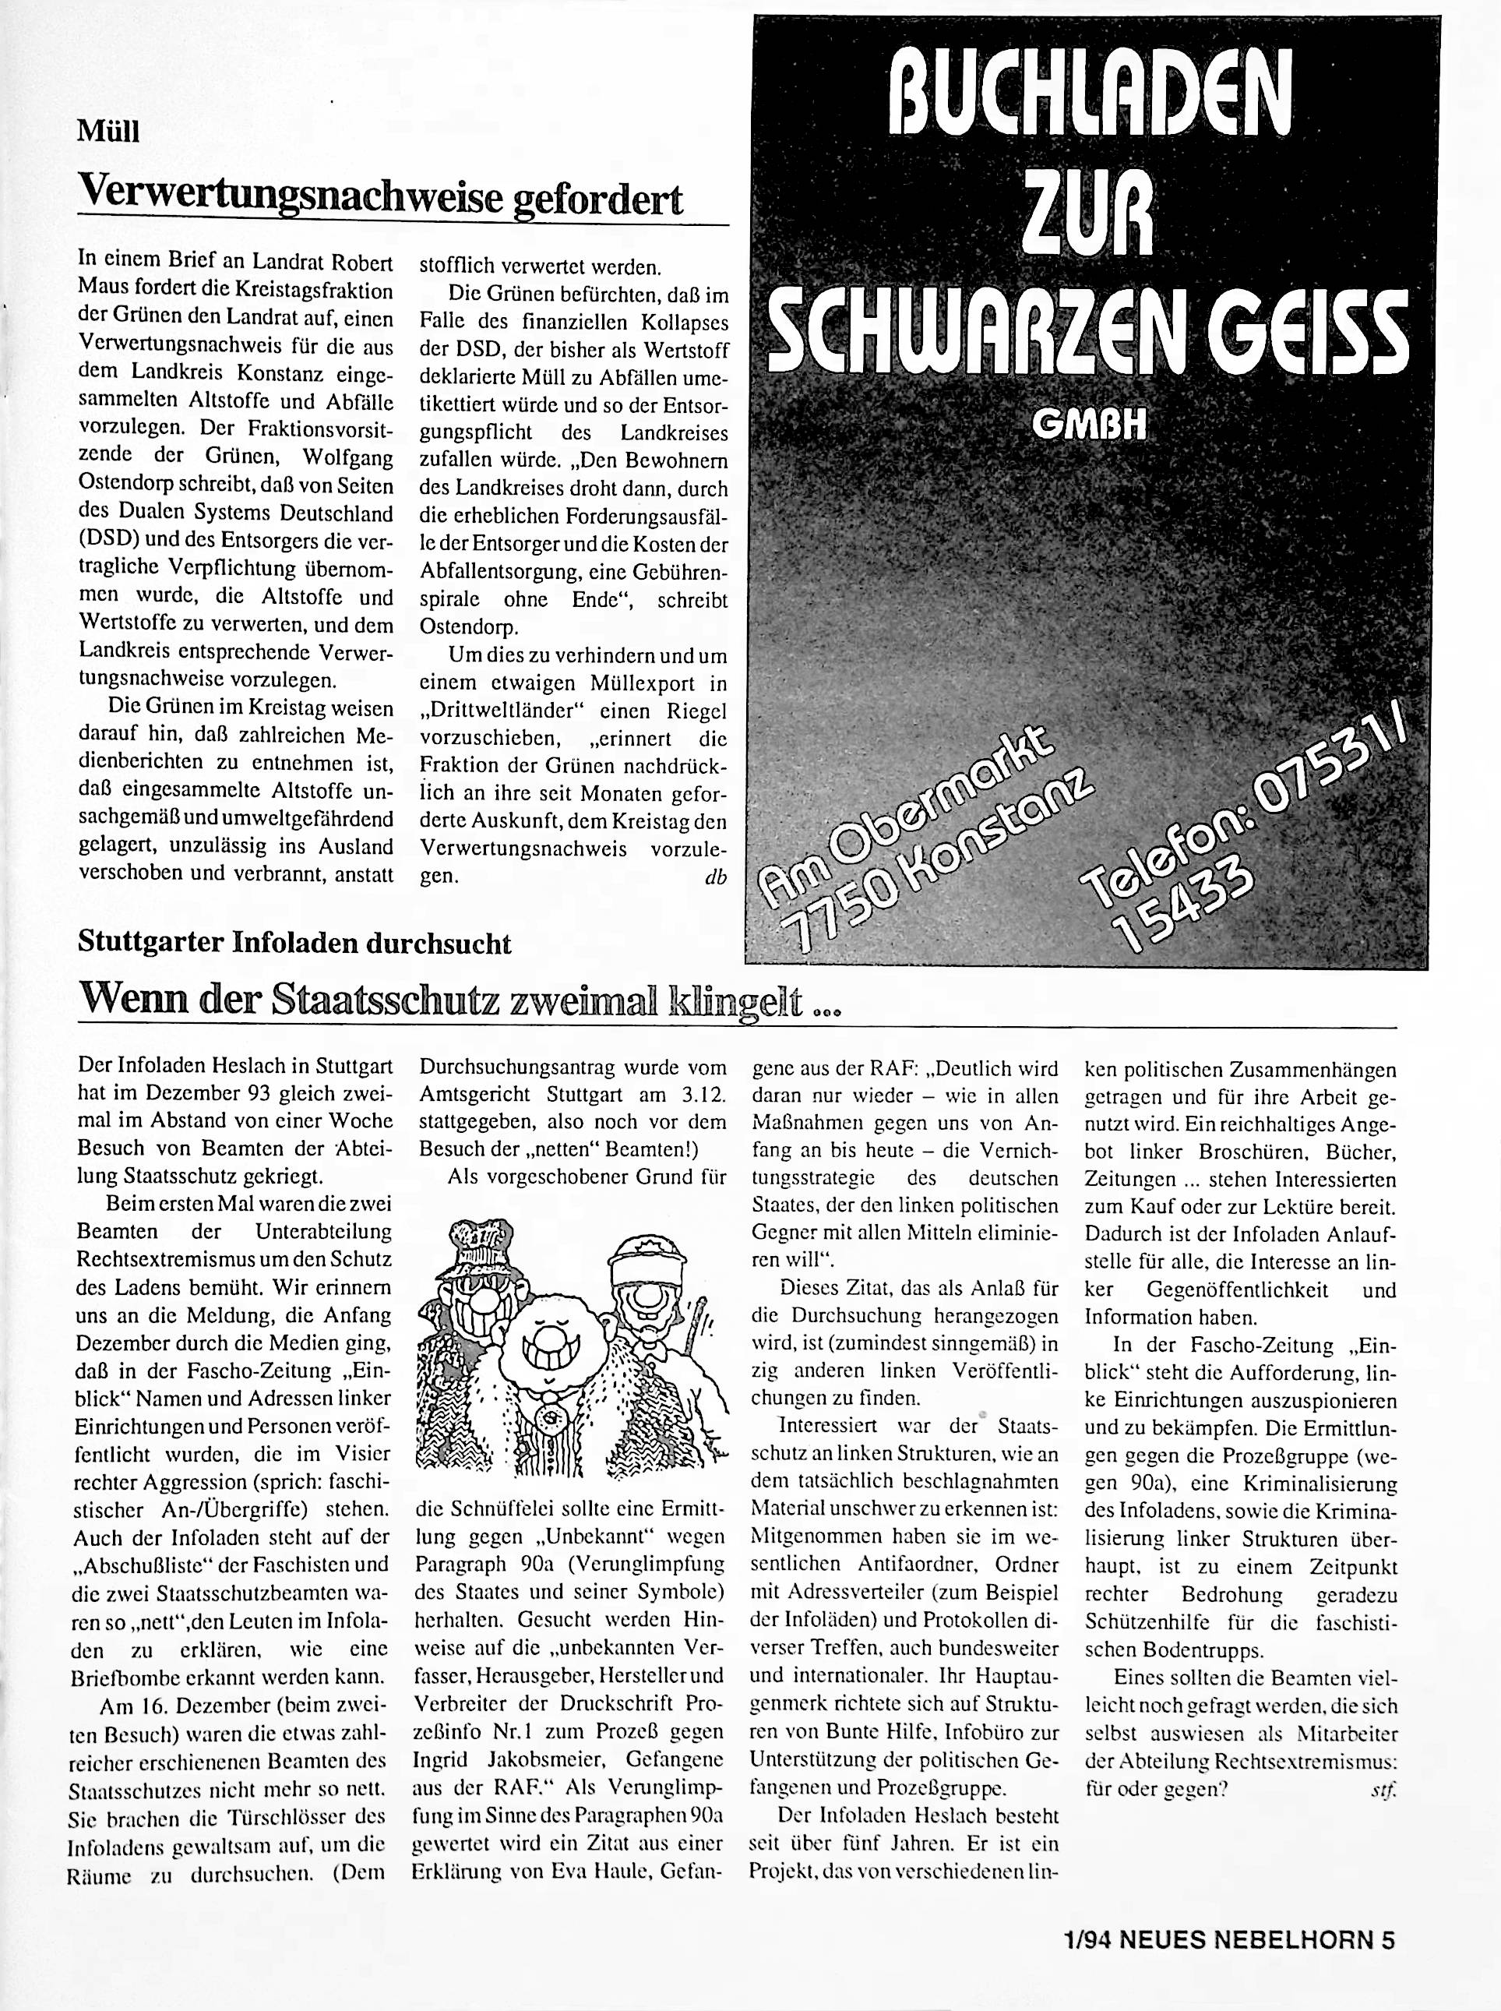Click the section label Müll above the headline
[x=109, y=132]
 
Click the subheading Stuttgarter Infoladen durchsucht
[x=294, y=942]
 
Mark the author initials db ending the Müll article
[x=715, y=878]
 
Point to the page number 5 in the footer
[x=1387, y=1940]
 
